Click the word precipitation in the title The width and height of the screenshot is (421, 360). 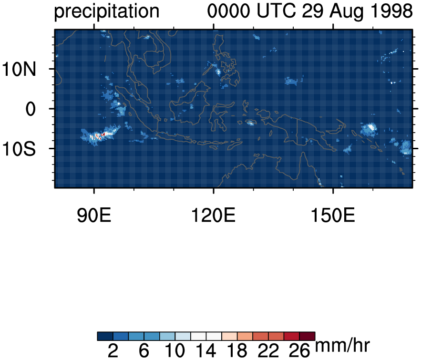tap(106, 11)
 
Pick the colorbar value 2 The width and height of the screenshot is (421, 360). tap(113, 351)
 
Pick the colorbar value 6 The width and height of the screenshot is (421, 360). tap(144, 351)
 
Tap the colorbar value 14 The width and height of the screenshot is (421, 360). tap(206, 351)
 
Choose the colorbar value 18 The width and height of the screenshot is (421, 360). tap(237, 351)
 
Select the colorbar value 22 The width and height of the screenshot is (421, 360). tap(268, 351)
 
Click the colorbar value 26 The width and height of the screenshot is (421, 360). tap(299, 351)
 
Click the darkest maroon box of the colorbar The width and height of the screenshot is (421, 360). tap(308, 336)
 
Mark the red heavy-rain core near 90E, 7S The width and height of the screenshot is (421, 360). tap(100, 135)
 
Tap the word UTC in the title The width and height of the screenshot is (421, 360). tap(277, 11)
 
